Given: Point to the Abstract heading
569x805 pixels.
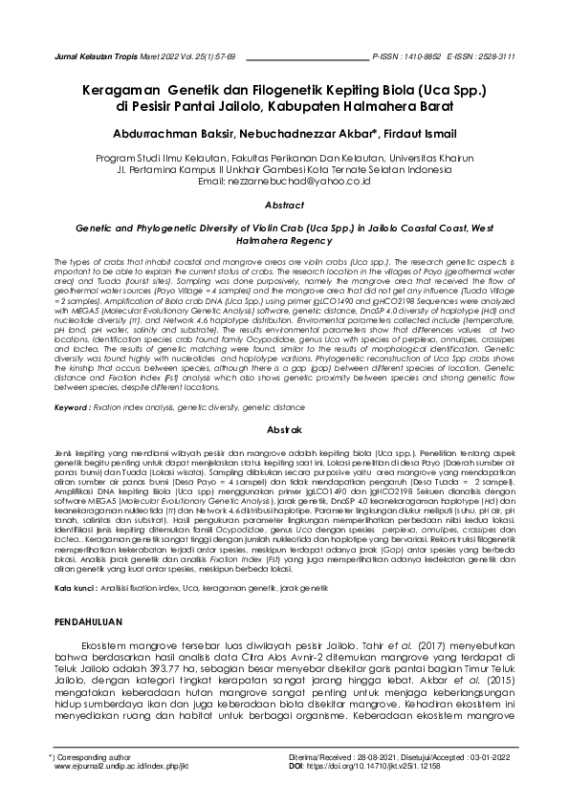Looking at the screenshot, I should (x=283, y=206).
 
